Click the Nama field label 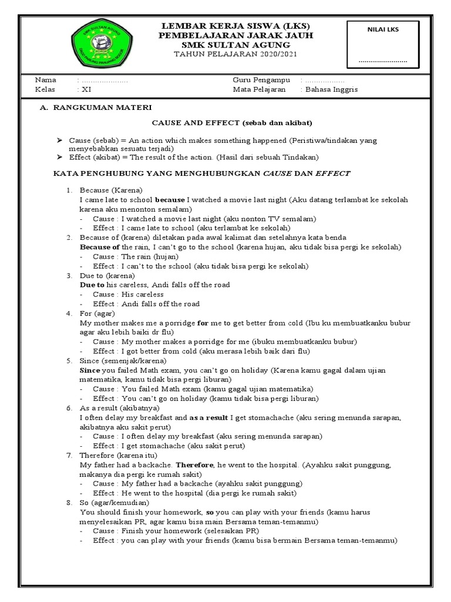tap(45, 80)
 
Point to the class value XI tap(85, 89)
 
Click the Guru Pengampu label tap(259, 80)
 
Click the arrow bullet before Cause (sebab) tap(59, 141)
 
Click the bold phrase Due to tap(92, 285)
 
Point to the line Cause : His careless tap(128, 294)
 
